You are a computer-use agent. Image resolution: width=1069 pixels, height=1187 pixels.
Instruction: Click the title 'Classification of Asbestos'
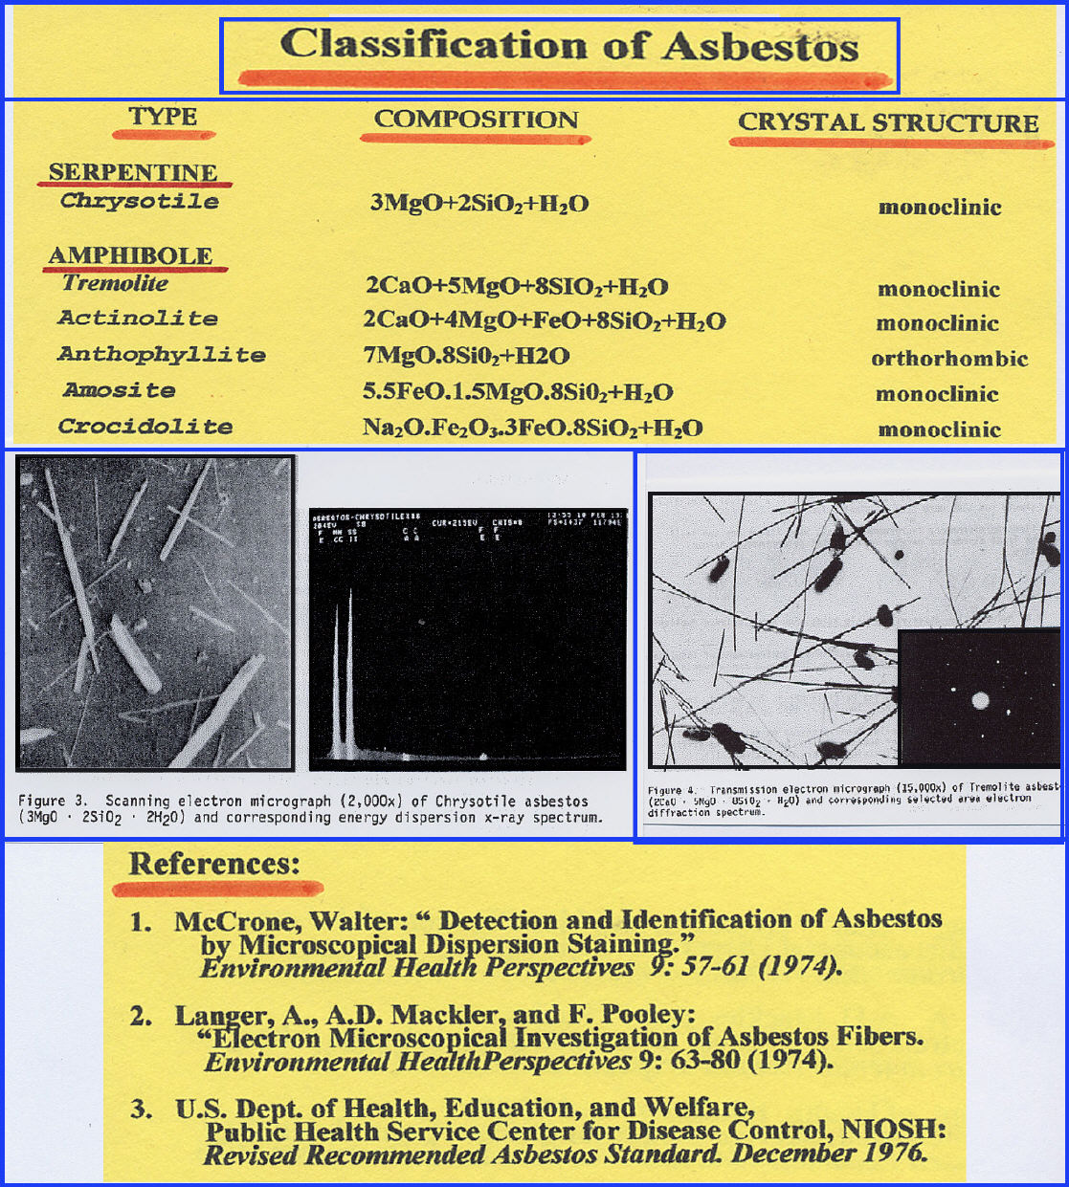(568, 46)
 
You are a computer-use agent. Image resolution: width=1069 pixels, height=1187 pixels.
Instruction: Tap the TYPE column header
(163, 117)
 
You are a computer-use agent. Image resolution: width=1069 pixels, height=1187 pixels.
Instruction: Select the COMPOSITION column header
(476, 120)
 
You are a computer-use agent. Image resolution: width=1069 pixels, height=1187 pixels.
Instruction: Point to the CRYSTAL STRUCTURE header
(887, 123)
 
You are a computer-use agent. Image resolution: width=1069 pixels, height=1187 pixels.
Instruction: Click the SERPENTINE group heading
(132, 172)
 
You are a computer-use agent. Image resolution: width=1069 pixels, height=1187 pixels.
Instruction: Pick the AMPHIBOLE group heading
(130, 255)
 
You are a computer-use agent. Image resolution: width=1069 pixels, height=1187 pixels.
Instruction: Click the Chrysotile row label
(140, 201)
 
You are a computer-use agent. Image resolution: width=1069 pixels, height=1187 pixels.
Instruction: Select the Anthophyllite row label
(161, 354)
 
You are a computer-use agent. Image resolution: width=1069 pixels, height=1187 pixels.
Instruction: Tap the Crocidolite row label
(145, 427)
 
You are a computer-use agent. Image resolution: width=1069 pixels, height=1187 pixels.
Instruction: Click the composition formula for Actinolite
(544, 321)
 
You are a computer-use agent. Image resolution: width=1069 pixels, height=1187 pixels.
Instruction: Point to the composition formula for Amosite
(517, 392)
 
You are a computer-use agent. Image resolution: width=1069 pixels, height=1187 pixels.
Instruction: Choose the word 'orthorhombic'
(948, 360)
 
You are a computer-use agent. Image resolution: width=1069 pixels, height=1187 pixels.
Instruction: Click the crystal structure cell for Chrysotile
(939, 208)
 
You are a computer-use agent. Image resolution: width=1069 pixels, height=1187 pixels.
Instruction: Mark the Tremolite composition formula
(517, 286)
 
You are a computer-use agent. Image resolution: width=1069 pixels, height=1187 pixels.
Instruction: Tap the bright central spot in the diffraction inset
(980, 701)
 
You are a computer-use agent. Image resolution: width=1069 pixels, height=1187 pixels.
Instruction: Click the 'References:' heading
(214, 864)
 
